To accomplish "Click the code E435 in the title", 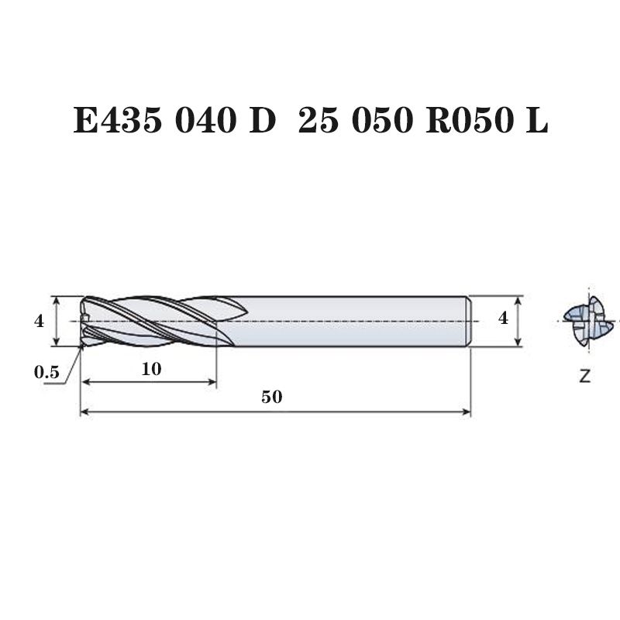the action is click(x=118, y=120).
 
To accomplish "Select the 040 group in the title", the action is click(x=205, y=120).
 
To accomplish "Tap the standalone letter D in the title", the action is click(x=262, y=120).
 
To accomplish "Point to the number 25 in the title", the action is click(x=319, y=120).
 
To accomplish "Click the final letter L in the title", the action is click(x=536, y=120).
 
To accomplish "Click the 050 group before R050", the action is click(x=382, y=120).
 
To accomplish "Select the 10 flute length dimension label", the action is click(x=151, y=369).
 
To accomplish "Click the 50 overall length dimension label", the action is click(x=272, y=397).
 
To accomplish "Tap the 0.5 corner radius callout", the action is click(x=46, y=372).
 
